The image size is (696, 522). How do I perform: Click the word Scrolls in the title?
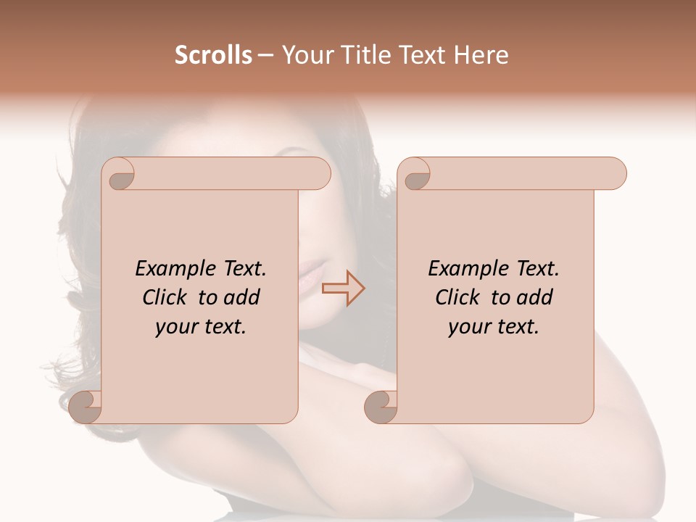pos(213,55)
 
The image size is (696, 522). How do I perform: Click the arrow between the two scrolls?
pos(343,289)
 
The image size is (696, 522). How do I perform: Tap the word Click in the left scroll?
pos(166,297)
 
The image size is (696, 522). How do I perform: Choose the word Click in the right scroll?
pos(458,297)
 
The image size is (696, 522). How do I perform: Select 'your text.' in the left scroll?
pos(201,327)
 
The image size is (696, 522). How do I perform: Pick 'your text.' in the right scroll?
pos(494,327)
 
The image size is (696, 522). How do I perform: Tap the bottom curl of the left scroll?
pos(86,406)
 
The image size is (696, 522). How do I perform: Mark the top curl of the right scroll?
pos(415,173)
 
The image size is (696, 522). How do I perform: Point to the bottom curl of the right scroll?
pos(381,406)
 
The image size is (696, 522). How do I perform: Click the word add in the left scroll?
pos(242,297)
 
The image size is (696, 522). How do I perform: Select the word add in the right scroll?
pos(535,297)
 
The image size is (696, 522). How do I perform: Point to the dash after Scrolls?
pos(265,56)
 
